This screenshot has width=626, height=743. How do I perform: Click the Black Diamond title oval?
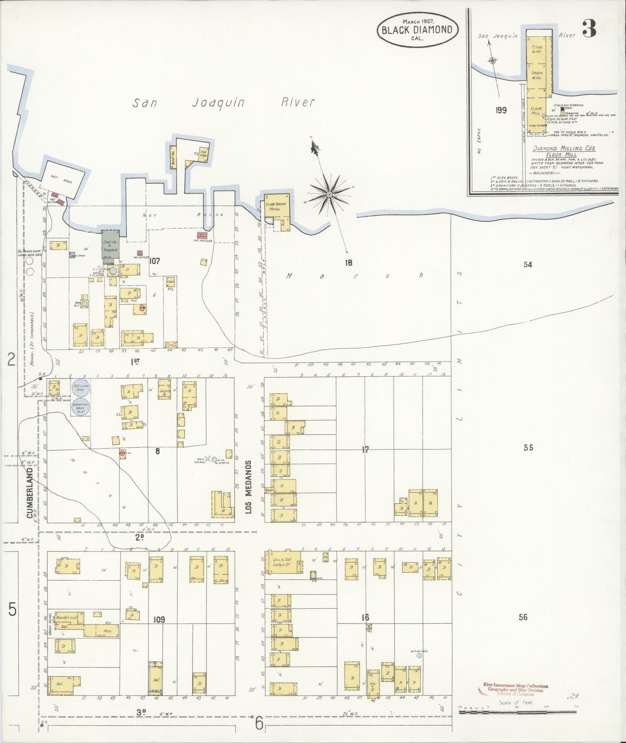click(x=417, y=30)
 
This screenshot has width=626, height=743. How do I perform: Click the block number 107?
click(x=154, y=261)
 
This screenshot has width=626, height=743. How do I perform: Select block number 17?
click(x=365, y=450)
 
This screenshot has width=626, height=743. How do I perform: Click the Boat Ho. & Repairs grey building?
click(x=110, y=245)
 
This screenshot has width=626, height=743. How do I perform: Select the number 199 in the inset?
click(x=501, y=110)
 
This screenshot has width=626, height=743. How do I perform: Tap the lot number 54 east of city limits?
click(x=527, y=264)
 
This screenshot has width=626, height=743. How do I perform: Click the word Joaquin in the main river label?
click(x=218, y=103)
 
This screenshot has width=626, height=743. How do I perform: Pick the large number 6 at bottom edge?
click(x=259, y=723)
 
